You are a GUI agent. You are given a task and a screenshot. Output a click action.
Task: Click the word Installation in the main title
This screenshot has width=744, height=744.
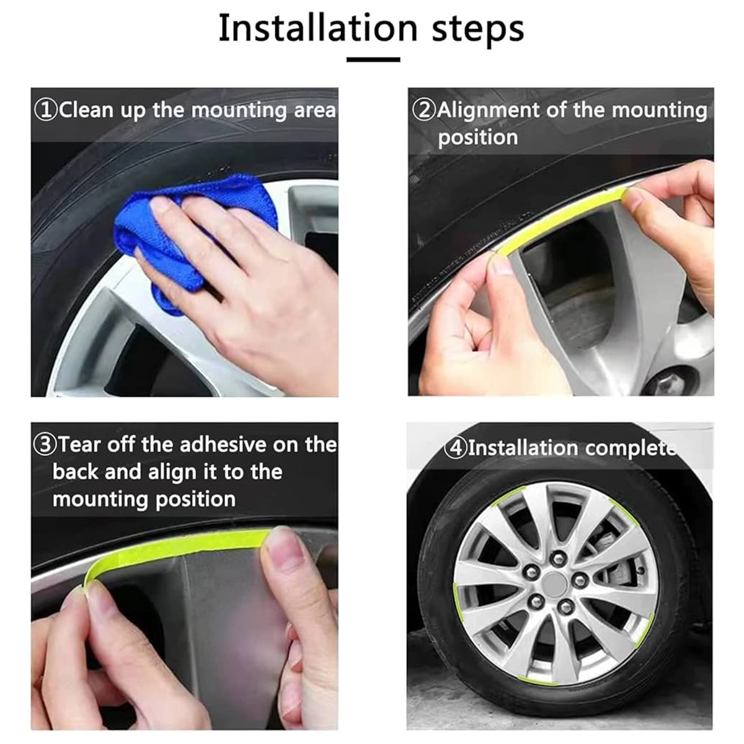coord(318,28)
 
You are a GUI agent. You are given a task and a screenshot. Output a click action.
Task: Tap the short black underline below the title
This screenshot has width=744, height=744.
coord(373,60)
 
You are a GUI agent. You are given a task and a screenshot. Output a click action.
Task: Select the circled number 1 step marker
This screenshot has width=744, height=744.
coord(45,110)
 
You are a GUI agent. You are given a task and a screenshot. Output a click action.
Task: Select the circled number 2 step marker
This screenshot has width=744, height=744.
coord(424,110)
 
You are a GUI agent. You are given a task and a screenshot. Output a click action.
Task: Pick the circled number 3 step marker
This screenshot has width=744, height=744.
coord(45,445)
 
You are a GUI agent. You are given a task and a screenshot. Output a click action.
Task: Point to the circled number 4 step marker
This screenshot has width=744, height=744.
coord(456,448)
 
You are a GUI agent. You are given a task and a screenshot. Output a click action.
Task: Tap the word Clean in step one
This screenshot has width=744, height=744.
coord(86,110)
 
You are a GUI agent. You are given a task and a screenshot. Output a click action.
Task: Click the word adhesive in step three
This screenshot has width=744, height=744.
coord(224,445)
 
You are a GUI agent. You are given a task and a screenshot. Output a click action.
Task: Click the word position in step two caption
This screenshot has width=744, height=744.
coord(477,138)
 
